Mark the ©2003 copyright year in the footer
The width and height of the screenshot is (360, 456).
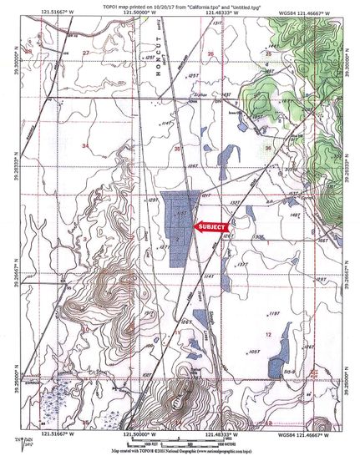pos(171,449)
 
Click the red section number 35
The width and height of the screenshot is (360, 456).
pos(176,148)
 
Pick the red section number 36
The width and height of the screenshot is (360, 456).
pos(267,147)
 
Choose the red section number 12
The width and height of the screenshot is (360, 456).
pos(268,333)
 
